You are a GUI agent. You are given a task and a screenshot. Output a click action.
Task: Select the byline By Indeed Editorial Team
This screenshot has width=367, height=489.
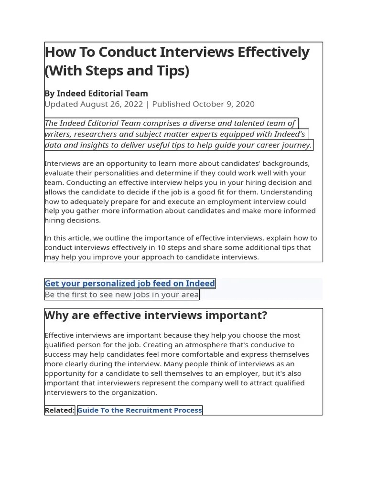(96, 93)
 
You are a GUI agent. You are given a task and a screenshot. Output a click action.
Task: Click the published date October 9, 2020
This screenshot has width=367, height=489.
(223, 104)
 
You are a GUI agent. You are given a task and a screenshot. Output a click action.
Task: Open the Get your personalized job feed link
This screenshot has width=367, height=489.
(130, 283)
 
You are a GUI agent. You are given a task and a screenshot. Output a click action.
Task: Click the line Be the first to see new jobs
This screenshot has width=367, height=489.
(121, 295)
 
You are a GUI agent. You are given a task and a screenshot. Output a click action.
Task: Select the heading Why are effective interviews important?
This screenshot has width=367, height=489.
(156, 316)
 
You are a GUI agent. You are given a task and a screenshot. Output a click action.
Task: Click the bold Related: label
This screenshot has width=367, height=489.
(59, 410)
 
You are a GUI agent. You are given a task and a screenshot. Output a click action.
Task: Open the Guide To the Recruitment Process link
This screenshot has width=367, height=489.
(140, 410)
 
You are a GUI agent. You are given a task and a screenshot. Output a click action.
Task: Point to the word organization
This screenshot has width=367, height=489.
(132, 393)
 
